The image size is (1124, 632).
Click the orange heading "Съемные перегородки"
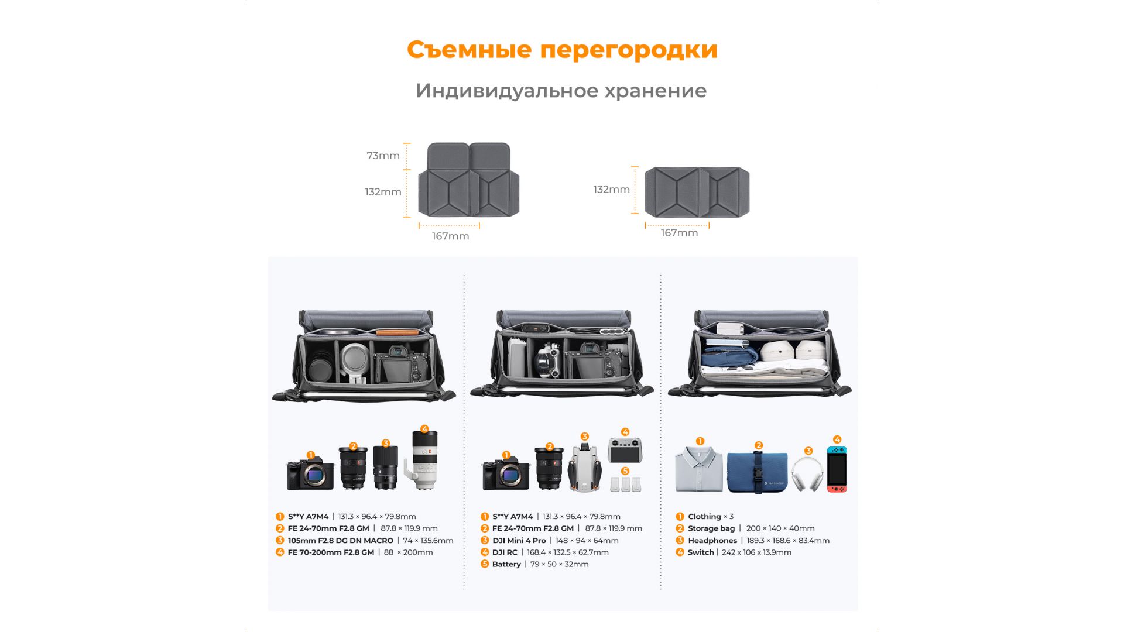pos(562,50)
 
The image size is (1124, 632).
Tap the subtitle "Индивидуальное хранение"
pos(561,91)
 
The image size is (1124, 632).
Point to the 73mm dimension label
pos(383,156)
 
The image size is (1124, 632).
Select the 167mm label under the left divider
pos(450,236)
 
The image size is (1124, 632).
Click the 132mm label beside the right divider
pos(611,189)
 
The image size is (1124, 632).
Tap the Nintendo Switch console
pos(837,469)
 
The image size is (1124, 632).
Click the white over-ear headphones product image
pos(807,473)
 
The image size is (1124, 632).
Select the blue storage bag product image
pos(757,472)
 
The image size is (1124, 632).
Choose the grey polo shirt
pos(698,469)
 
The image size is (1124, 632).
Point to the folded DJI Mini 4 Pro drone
pos(585,467)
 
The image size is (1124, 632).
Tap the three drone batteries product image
pos(626,485)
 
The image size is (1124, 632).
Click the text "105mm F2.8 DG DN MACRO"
pos(340,541)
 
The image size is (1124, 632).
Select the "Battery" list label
pos(506,564)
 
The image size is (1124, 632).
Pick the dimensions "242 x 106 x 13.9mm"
pos(756,552)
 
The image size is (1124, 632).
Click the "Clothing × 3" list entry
pos(710,517)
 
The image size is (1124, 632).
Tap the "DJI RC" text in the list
pos(505,552)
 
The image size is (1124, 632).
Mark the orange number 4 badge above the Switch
pos(837,439)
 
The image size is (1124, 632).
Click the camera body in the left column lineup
pos(310,473)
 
